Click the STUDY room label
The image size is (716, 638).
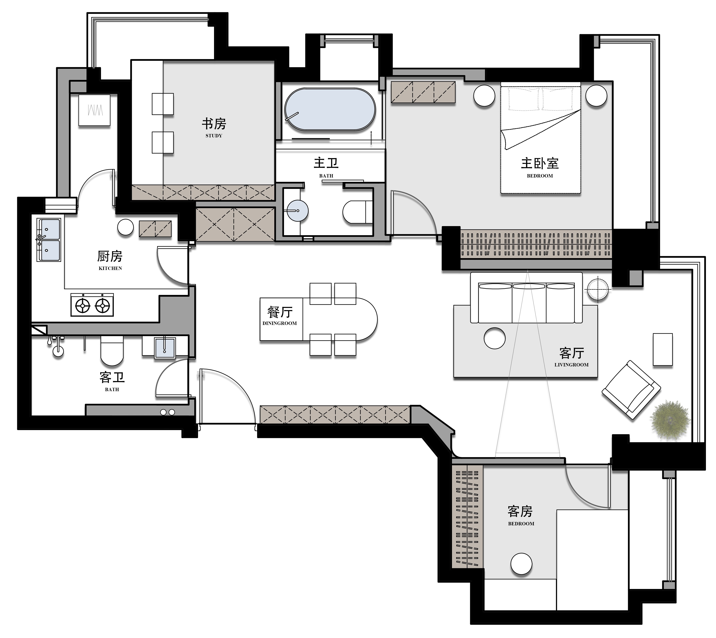pyautogui.click(x=214, y=136)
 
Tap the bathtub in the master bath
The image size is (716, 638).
pyautogui.click(x=330, y=109)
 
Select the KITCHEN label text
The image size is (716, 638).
pyautogui.click(x=110, y=268)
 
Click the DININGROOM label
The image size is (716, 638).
pyautogui.click(x=280, y=323)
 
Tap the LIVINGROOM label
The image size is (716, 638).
pyautogui.click(x=571, y=365)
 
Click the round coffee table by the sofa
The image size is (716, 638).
pyautogui.click(x=494, y=338)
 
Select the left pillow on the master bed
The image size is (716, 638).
pyautogui.click(x=524, y=99)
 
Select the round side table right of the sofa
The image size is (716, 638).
pyautogui.click(x=598, y=289)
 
